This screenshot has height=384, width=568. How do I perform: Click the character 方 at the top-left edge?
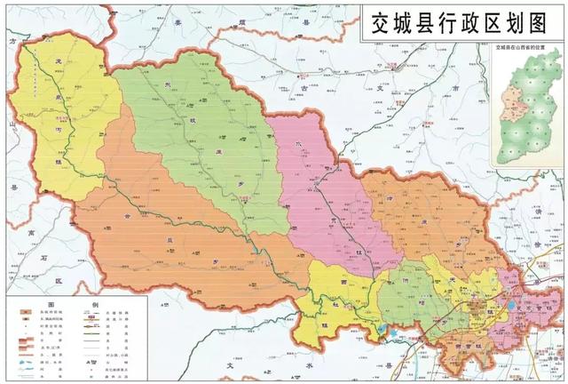click(12, 41)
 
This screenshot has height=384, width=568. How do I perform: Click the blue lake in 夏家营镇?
click(382, 330)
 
